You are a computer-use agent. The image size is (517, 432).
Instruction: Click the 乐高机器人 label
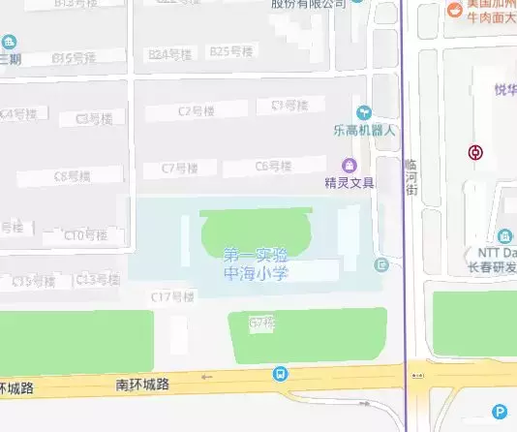[364, 129]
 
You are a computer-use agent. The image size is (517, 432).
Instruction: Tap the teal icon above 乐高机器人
[364, 113]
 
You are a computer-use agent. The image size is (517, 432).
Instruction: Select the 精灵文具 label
[350, 181]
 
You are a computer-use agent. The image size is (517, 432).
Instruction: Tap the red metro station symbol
[475, 152]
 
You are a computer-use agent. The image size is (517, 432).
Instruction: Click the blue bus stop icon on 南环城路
[280, 374]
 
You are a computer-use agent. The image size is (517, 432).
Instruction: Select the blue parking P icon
[499, 411]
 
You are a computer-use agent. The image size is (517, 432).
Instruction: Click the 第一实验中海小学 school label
[256, 263]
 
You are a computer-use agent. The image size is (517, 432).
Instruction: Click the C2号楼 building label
[196, 112]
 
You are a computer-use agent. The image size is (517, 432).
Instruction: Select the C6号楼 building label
[273, 167]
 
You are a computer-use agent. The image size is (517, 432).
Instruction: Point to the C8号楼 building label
[73, 176]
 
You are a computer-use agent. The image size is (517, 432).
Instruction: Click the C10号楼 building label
[85, 235]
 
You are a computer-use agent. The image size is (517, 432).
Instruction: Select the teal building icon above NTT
[504, 236]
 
